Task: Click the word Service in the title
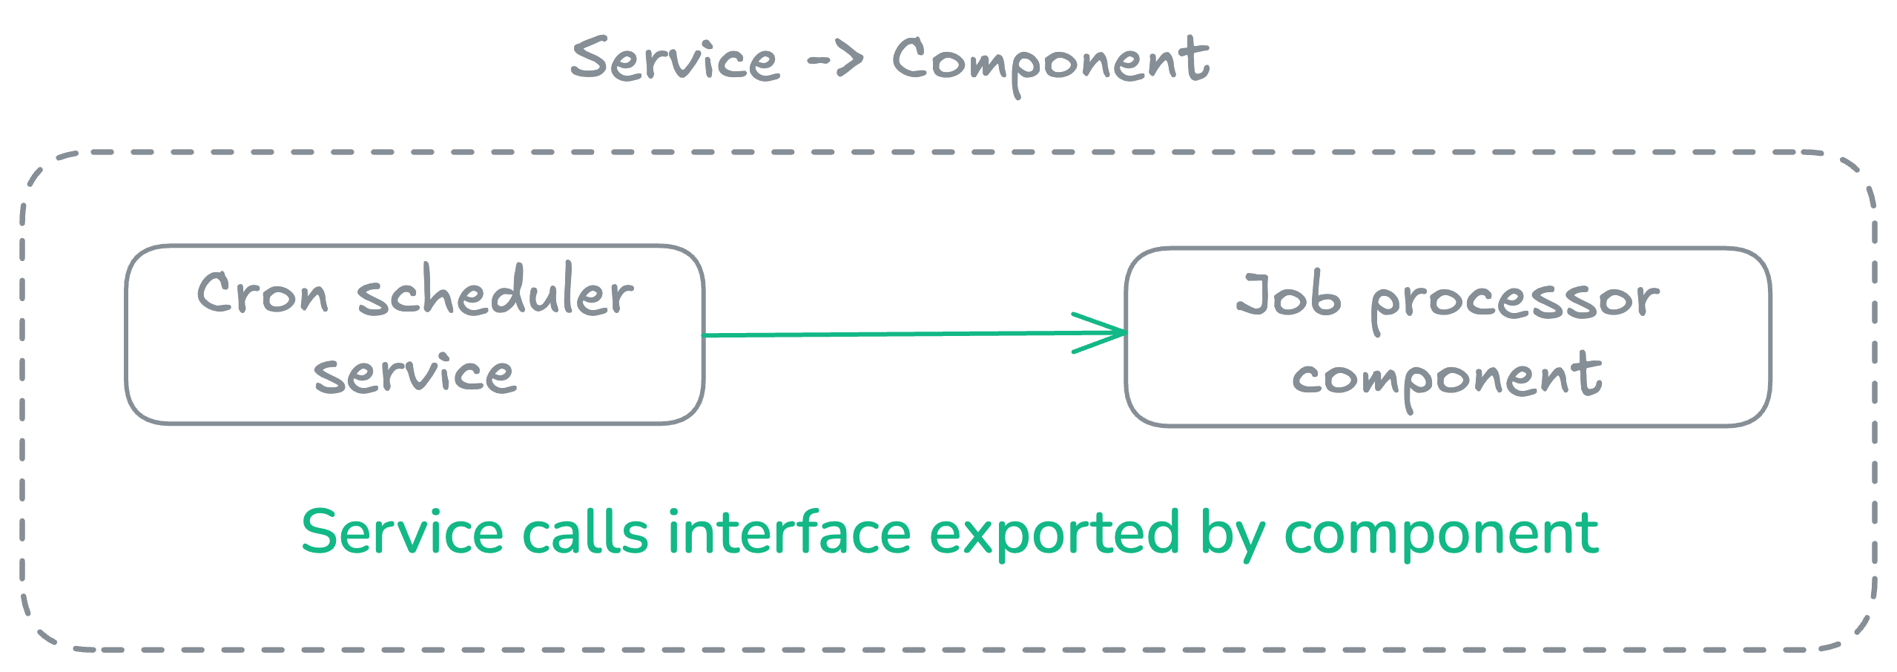(675, 59)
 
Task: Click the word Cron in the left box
(262, 294)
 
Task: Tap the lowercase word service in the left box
(414, 373)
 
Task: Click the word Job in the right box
(1288, 296)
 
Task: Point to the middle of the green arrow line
(914, 335)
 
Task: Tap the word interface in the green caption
(789, 533)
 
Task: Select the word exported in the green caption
(1054, 533)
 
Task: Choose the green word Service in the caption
(403, 533)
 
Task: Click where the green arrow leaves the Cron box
(705, 336)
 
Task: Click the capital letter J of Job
(1253, 294)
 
